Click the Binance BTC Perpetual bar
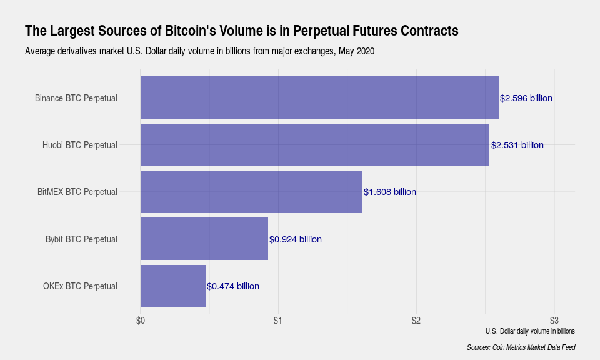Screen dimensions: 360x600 pyautogui.click(x=319, y=97)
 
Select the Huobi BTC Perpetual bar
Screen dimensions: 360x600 pyautogui.click(x=315, y=145)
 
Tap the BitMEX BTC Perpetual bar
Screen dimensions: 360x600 pyautogui.click(x=251, y=192)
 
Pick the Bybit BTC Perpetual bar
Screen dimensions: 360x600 pyautogui.click(x=204, y=239)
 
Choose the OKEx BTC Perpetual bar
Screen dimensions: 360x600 pyautogui.click(x=173, y=286)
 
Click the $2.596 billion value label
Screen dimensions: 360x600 pyautogui.click(x=526, y=98)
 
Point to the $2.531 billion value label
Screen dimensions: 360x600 pyautogui.click(x=517, y=145)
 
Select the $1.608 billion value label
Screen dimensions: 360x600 pyautogui.click(x=390, y=192)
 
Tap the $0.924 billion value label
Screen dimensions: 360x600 pyautogui.click(x=296, y=239)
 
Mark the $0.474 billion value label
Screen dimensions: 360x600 pyautogui.click(x=233, y=286)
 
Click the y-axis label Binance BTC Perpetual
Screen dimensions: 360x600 pyautogui.click(x=76, y=98)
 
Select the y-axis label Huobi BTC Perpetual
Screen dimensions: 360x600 pyautogui.click(x=80, y=145)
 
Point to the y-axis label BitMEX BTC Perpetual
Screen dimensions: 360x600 pyautogui.click(x=77, y=192)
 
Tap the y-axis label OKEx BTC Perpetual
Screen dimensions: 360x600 pyautogui.click(x=80, y=286)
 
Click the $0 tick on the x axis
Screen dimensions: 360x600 pyautogui.click(x=141, y=321)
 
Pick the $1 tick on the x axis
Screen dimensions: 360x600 pyautogui.click(x=278, y=321)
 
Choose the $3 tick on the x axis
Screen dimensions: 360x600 pyautogui.click(x=554, y=321)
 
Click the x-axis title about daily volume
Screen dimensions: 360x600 pyautogui.click(x=529, y=331)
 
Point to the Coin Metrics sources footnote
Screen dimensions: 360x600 pyautogui.click(x=521, y=347)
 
